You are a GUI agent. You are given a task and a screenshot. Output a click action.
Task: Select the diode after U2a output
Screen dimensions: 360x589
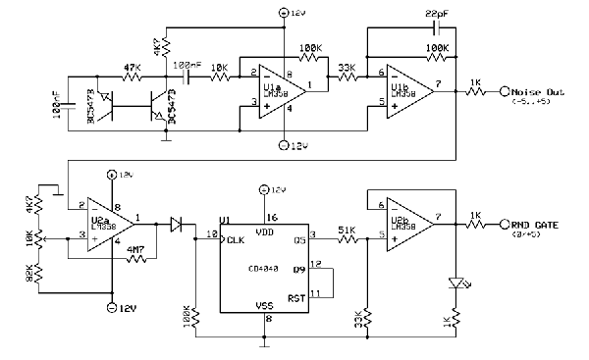pos(178,224)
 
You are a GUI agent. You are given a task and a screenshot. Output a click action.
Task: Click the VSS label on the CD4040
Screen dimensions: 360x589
pos(265,305)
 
